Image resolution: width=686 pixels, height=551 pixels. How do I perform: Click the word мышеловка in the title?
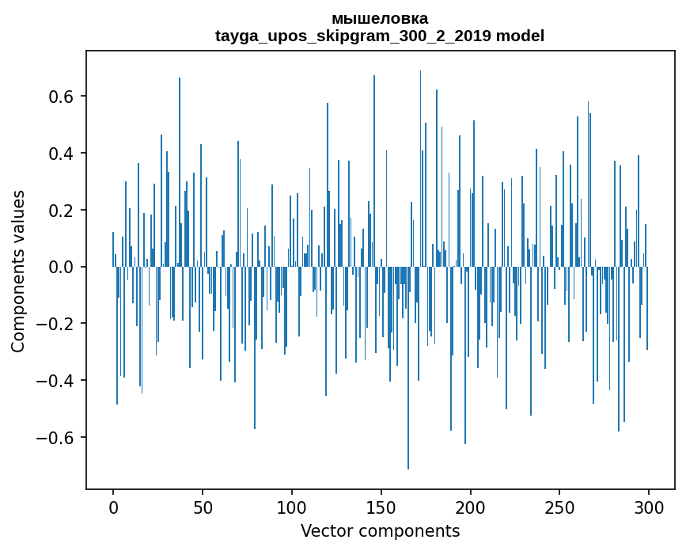[380, 18]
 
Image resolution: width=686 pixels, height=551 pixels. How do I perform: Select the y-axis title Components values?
[18, 271]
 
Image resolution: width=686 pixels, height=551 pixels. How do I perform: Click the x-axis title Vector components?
[380, 531]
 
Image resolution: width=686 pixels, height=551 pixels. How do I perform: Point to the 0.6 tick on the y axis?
[62, 97]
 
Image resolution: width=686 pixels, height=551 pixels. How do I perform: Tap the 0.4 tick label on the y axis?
[62, 154]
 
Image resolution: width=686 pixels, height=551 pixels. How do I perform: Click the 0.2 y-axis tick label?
[62, 211]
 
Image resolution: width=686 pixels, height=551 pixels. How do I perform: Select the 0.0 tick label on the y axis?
[62, 268]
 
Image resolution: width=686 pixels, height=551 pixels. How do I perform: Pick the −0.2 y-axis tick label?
[57, 325]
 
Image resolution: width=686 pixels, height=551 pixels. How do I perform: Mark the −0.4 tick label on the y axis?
[57, 381]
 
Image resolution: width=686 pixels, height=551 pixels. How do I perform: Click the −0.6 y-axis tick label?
[57, 438]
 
